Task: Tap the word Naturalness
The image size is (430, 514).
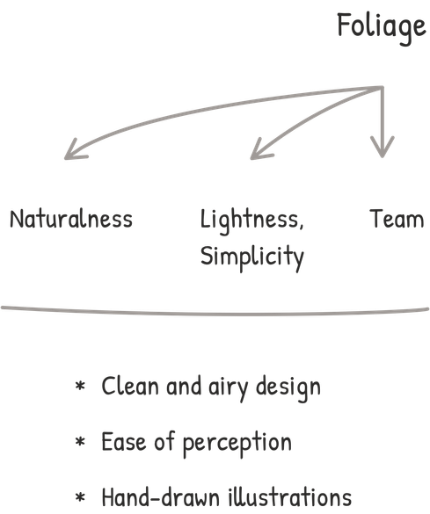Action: (71, 219)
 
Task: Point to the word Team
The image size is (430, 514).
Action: (397, 219)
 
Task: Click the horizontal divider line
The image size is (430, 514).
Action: (215, 313)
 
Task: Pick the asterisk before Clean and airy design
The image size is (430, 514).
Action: (80, 386)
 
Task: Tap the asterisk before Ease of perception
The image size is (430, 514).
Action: (80, 442)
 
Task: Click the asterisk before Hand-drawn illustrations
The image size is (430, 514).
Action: (80, 497)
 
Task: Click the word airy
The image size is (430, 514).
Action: (229, 388)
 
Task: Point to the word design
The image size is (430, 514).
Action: (288, 388)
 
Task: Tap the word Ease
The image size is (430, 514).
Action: (124, 442)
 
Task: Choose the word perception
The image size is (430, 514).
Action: (237, 445)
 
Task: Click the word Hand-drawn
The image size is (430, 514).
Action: (161, 497)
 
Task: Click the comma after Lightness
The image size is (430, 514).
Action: (301, 226)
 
